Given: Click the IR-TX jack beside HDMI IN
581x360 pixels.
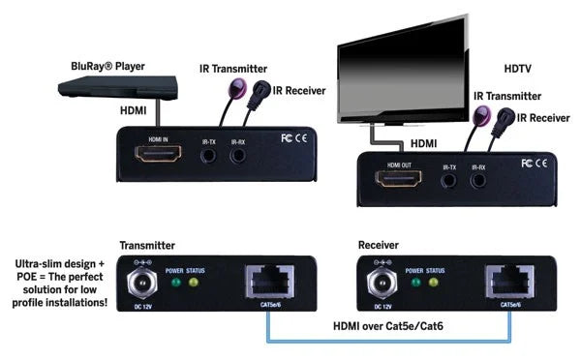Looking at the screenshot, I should tap(209, 158).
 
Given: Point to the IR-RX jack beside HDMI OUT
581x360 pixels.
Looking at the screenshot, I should tap(477, 180).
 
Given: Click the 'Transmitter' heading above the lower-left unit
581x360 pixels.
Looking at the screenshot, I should tap(147, 245).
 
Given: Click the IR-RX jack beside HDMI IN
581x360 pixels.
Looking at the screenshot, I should tap(237, 158).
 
